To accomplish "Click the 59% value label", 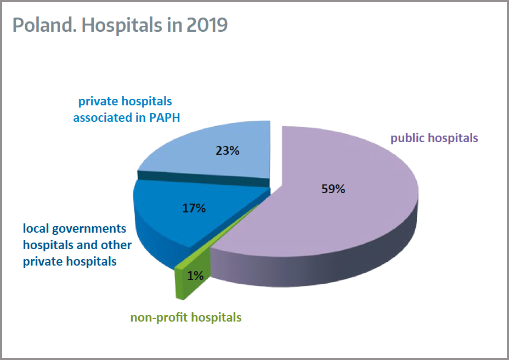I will (x=333, y=189).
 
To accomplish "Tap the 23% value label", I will (x=227, y=150).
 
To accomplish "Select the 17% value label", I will (x=193, y=209).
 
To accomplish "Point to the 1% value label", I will (x=195, y=276).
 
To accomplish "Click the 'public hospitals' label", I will (x=434, y=138).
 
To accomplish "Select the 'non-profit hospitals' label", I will (x=186, y=317).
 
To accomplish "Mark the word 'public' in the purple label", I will (x=406, y=138).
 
